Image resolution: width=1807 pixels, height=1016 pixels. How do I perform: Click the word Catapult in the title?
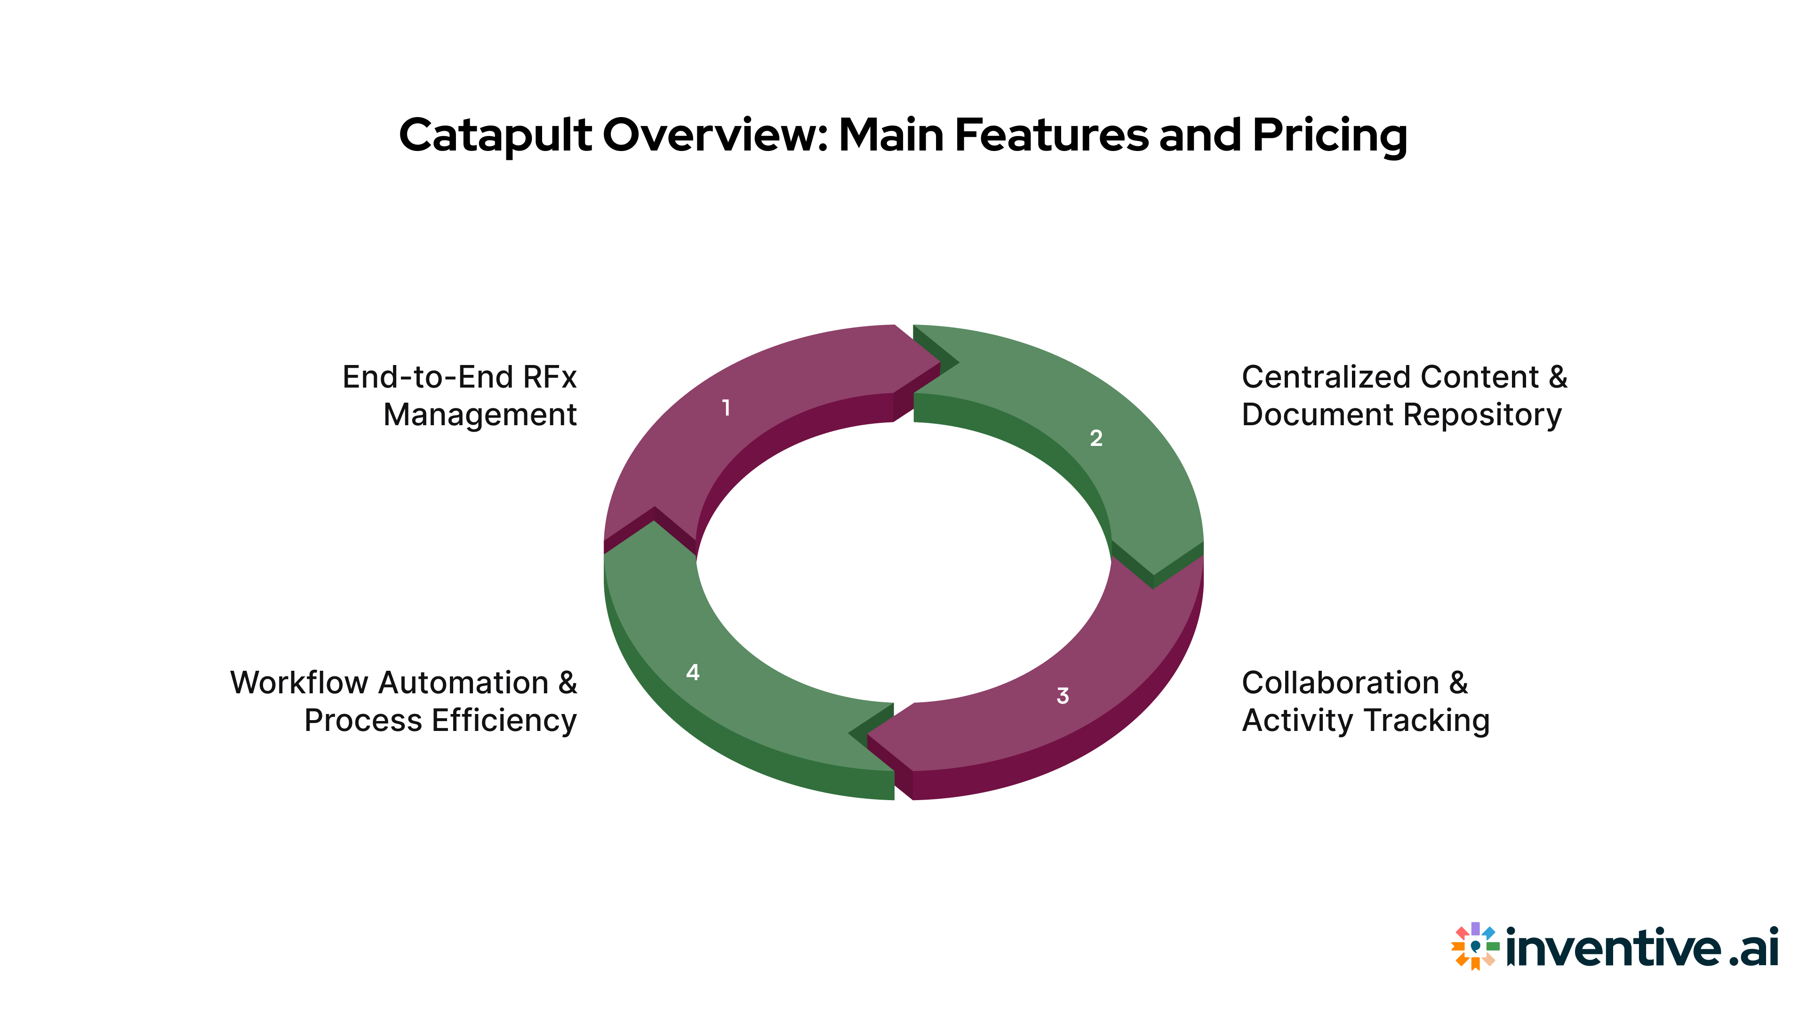click(495, 135)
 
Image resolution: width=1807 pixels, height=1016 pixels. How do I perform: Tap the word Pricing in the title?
click(1329, 135)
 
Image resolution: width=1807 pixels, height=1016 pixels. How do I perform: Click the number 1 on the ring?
click(726, 407)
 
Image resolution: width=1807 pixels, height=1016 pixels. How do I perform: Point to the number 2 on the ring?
click(1095, 438)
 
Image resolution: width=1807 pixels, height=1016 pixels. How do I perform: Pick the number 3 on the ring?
click(1063, 696)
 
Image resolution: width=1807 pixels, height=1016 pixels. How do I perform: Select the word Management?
click(480, 415)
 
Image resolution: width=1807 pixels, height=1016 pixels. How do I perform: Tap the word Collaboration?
click(1340, 683)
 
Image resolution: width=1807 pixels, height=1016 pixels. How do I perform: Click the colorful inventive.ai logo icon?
click(1474, 946)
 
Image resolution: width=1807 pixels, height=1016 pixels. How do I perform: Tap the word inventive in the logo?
click(1614, 948)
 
